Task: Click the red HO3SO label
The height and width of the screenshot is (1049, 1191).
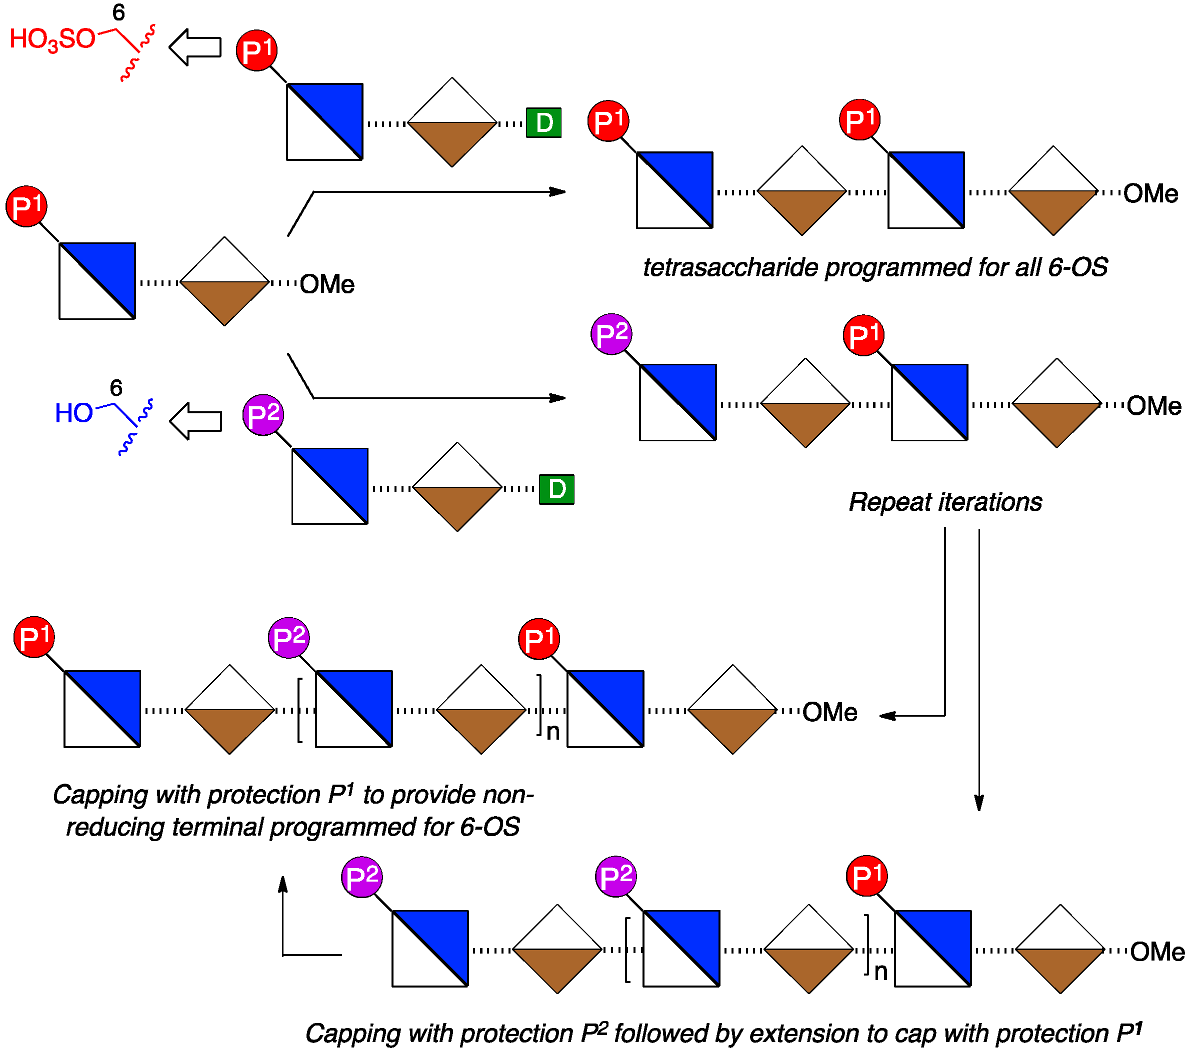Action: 52,39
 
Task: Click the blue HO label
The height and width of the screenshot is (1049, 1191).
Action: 73,413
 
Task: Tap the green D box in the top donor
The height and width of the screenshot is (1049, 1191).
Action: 543,123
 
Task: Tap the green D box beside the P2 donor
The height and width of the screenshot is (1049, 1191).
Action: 556,489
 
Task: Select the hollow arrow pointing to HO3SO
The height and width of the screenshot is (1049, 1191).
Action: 195,47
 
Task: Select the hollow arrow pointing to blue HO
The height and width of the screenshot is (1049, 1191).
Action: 196,421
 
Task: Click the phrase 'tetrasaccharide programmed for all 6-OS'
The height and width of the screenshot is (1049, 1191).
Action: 874,267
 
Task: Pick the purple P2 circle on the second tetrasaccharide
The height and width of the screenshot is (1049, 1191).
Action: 611,334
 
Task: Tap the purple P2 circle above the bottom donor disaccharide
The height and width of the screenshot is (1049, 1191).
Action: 263,415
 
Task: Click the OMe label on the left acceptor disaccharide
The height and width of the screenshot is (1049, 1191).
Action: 327,285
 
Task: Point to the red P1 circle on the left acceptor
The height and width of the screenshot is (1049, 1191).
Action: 26,207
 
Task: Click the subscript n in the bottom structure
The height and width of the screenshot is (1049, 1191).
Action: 880,972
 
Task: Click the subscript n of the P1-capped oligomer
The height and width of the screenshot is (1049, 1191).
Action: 553,732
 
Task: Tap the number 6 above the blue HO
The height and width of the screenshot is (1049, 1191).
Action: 116,388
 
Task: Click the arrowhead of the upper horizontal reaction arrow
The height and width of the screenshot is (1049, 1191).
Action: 558,191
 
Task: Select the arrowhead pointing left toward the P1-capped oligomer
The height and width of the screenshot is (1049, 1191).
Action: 887,716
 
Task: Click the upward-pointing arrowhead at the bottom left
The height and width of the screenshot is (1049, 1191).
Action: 283,884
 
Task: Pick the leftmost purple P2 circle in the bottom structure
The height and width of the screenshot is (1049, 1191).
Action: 362,877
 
